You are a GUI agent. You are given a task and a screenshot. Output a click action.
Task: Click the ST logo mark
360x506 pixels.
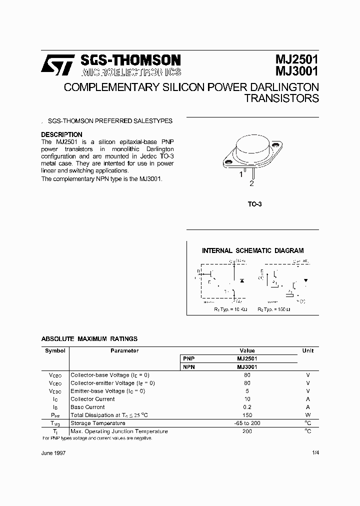click(x=57, y=65)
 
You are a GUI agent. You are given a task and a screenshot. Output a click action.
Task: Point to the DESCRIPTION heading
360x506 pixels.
click(x=61, y=134)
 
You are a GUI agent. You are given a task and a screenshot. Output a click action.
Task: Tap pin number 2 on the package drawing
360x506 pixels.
click(x=251, y=183)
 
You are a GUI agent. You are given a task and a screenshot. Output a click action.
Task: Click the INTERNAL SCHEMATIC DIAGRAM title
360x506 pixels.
click(x=252, y=250)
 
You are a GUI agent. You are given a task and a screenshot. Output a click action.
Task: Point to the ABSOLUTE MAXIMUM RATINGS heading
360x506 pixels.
click(x=89, y=338)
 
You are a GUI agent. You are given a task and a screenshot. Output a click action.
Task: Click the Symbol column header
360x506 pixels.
click(x=55, y=350)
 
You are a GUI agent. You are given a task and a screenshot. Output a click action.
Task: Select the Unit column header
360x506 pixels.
click(x=308, y=350)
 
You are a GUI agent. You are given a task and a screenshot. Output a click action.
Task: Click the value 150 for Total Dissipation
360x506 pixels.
click(x=247, y=415)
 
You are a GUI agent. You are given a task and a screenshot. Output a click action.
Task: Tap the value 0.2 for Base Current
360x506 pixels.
click(x=247, y=407)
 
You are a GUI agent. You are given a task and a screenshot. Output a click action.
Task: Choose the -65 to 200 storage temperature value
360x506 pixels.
click(x=247, y=423)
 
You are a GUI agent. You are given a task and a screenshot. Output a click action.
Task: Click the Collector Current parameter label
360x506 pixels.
click(x=92, y=399)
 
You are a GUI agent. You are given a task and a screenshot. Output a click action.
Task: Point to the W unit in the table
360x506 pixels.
click(x=308, y=415)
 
